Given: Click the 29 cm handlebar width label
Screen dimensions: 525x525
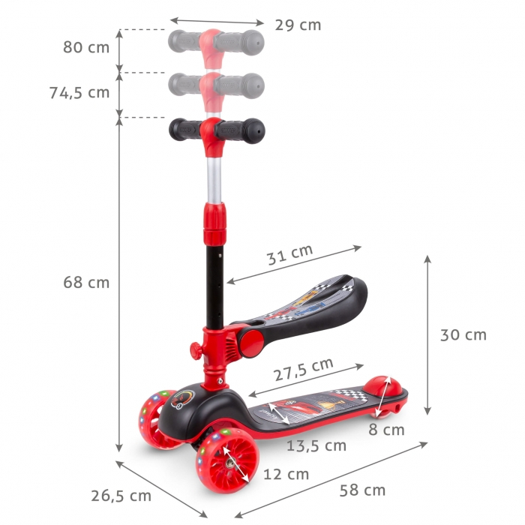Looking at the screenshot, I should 298,25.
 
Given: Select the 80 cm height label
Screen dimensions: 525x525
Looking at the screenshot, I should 85,47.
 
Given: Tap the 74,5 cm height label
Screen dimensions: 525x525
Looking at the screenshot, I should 79,92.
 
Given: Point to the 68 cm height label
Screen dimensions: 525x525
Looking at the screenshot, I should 85,283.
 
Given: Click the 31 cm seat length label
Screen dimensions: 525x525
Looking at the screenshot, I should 290,255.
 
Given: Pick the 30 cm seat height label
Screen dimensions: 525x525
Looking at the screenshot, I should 463,334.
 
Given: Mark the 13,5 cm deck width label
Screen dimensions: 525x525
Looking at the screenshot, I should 316,446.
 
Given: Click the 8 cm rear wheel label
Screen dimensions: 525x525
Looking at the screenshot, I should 386,430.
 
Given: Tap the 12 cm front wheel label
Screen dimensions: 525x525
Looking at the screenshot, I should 285,474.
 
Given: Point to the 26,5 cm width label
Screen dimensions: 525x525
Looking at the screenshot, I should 121,496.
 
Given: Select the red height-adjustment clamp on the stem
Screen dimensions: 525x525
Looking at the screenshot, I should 214,220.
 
